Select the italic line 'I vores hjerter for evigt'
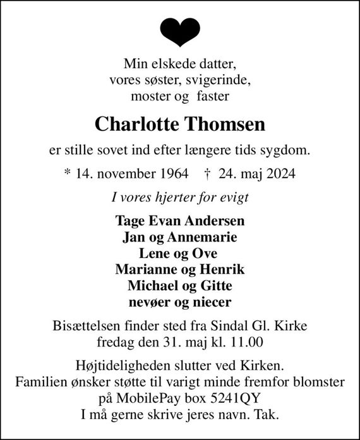(x=180, y=197)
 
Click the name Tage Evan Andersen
(x=180, y=222)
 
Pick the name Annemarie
(x=204, y=238)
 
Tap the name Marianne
(x=142, y=269)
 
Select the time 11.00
(x=246, y=343)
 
